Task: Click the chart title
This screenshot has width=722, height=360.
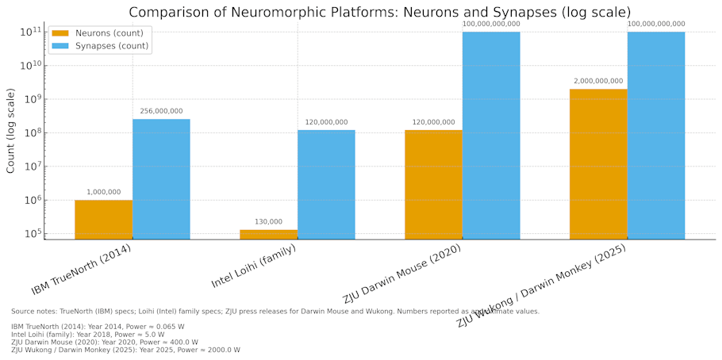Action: tap(379, 12)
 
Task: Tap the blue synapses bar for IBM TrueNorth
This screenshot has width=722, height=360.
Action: tap(161, 178)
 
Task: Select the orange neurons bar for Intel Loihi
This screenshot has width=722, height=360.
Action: tap(268, 234)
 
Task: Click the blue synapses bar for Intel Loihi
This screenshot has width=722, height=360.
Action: tap(326, 184)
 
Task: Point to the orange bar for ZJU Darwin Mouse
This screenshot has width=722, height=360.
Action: tap(433, 184)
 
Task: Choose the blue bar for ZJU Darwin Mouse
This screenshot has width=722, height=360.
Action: tap(491, 135)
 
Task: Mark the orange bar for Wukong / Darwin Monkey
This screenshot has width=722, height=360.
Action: tap(598, 163)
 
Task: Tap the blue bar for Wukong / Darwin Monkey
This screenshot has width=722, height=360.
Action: tap(656, 135)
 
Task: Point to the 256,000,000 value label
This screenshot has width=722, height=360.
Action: tap(161, 111)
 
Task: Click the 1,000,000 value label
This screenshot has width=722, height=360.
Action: tap(103, 192)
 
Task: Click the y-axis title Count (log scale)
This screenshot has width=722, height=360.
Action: tap(11, 131)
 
